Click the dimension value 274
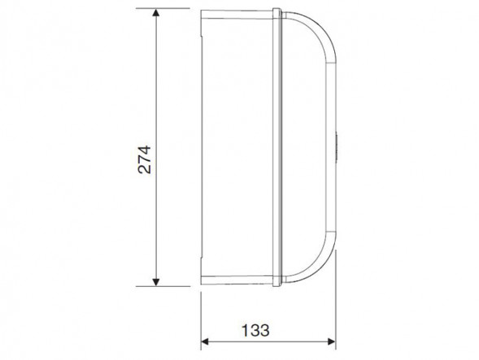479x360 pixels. click(x=145, y=160)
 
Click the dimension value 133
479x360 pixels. click(x=255, y=330)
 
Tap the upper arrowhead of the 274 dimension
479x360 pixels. click(x=156, y=13)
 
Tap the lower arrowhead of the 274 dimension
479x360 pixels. click(x=156, y=282)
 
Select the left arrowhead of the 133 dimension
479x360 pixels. click(x=205, y=341)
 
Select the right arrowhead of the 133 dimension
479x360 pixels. click(x=332, y=341)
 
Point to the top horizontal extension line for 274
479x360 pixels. click(x=163, y=8)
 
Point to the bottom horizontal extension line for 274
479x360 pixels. click(x=163, y=286)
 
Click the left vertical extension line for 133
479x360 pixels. click(x=201, y=321)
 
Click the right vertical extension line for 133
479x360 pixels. click(x=336, y=300)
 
